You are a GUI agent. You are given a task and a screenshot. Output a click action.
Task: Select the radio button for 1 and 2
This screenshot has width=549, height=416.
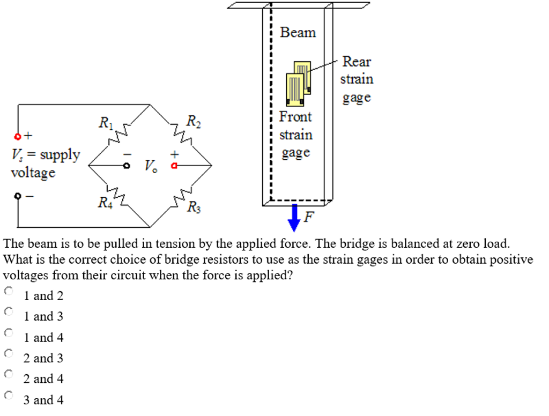point(8,291)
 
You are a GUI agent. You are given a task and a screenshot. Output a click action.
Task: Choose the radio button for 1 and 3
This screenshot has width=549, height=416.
point(8,311)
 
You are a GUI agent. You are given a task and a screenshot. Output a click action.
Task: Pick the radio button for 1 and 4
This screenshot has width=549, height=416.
point(8,332)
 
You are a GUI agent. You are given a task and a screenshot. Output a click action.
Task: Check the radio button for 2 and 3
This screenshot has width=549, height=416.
point(8,353)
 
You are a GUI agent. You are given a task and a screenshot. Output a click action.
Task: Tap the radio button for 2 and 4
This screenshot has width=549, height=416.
point(8,374)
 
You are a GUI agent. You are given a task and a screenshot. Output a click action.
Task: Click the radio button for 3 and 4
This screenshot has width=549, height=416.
point(8,395)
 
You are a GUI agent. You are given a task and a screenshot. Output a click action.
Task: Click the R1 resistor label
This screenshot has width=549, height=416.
point(106,123)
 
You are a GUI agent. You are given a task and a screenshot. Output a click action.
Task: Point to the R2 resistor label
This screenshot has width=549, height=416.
point(193,121)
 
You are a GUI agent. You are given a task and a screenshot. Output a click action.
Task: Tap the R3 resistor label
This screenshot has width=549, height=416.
point(193,206)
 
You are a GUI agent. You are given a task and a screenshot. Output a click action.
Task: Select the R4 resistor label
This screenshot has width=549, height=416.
point(105,203)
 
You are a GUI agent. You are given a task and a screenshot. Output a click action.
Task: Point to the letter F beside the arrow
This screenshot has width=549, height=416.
point(309,217)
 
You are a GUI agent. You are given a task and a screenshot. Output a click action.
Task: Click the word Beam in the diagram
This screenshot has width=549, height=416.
point(298,33)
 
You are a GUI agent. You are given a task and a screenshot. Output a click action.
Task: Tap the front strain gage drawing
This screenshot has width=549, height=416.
point(295,88)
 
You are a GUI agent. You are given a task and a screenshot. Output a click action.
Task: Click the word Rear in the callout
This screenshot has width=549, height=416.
point(357,62)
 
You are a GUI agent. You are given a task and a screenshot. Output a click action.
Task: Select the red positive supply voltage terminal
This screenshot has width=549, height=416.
point(18,136)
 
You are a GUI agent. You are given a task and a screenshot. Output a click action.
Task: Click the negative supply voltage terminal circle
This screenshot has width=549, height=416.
point(18,196)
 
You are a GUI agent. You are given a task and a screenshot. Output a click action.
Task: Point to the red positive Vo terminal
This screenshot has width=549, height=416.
point(173,167)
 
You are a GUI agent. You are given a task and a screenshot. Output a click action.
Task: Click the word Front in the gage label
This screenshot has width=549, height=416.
point(295,116)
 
